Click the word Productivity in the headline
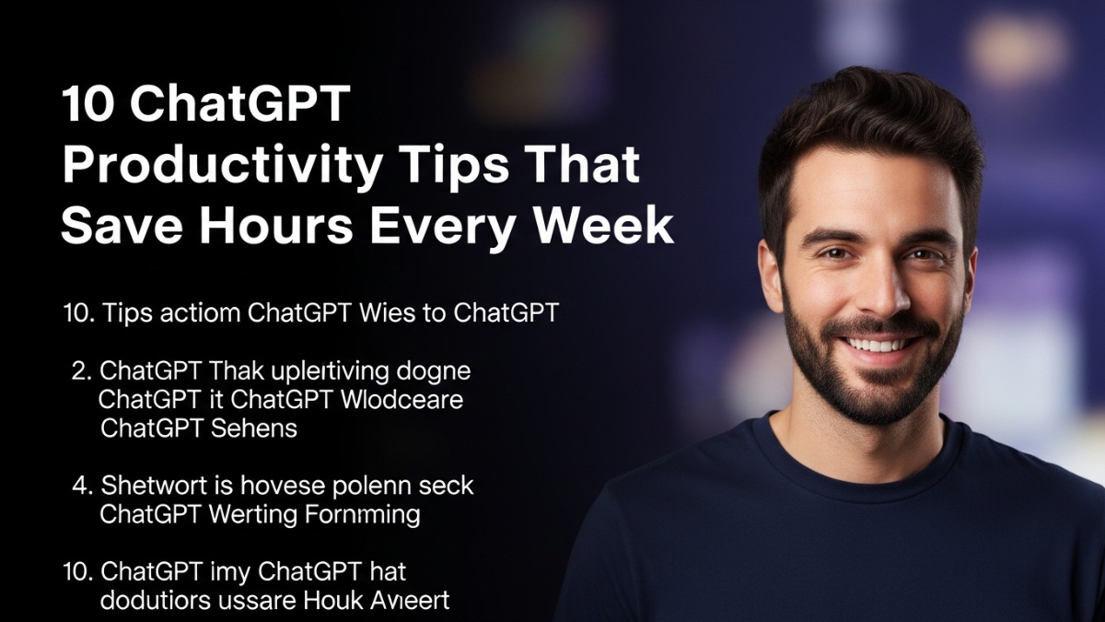click(221, 167)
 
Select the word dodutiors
click(152, 601)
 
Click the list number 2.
click(80, 372)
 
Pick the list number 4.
click(80, 485)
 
